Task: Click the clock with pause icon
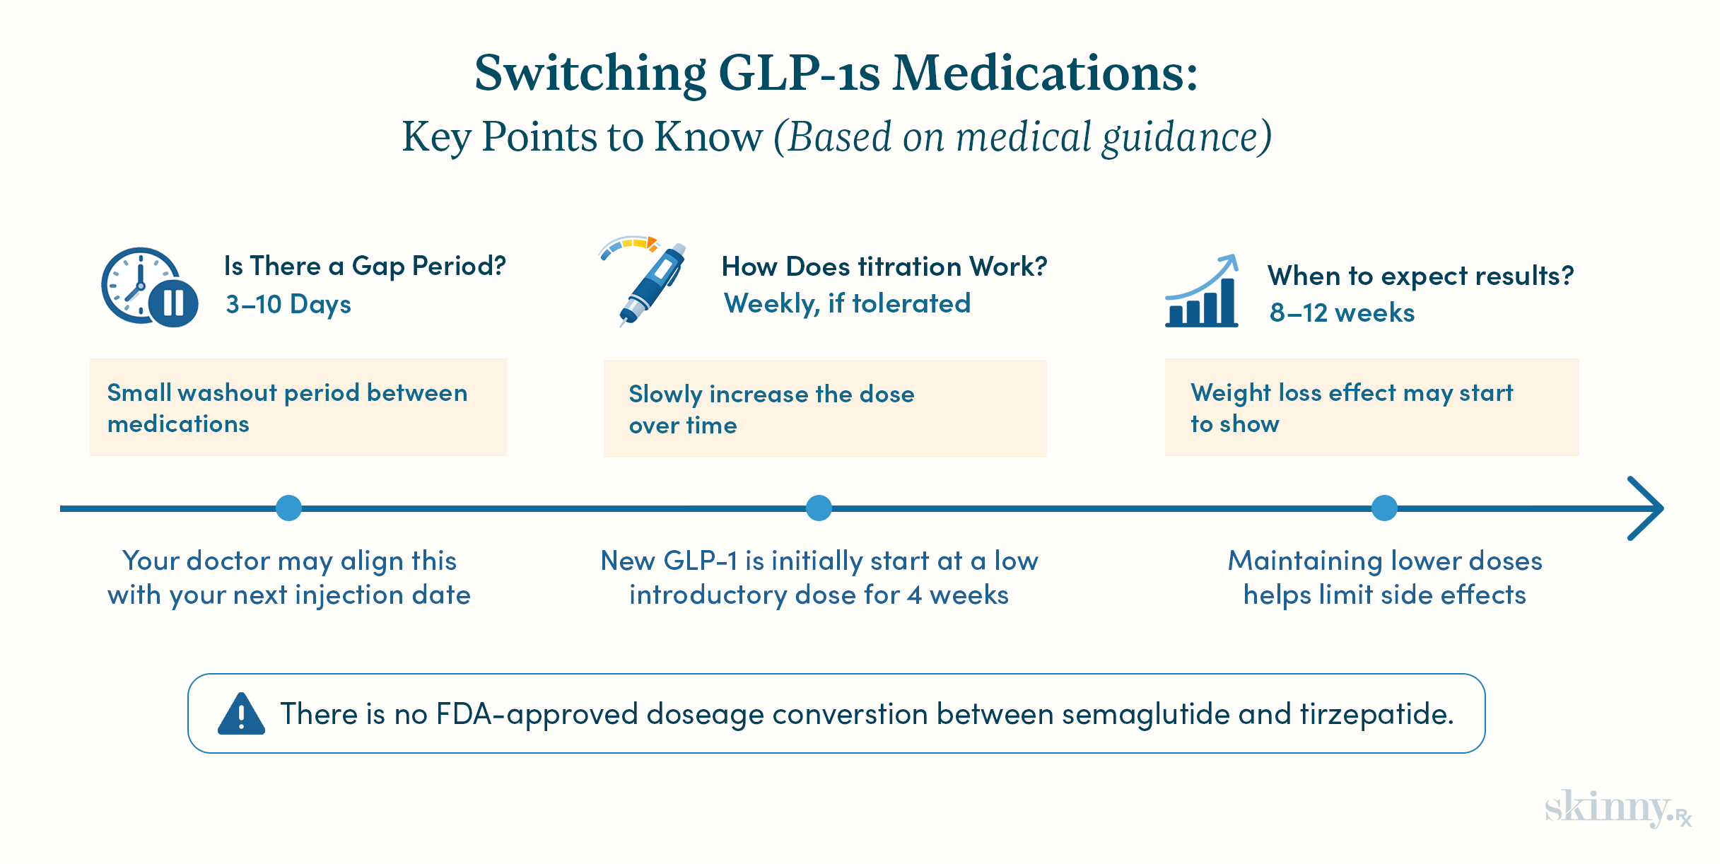[x=149, y=287]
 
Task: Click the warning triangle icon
[x=241, y=714]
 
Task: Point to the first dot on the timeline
[x=288, y=508]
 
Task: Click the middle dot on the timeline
[x=819, y=508]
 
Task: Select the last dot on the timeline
[x=1384, y=508]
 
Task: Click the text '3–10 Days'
[x=288, y=304]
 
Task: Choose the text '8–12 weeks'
[x=1342, y=313]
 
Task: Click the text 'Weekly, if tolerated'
[x=847, y=303]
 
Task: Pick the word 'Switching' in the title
[x=590, y=74]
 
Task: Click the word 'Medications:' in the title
[x=1045, y=74]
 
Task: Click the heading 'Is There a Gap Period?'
[x=365, y=266]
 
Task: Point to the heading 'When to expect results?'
[x=1420, y=275]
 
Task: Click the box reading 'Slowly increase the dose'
[x=824, y=409]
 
